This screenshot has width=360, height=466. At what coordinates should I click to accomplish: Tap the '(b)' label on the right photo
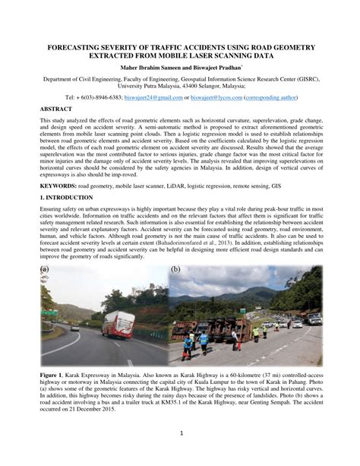(x=176, y=269)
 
